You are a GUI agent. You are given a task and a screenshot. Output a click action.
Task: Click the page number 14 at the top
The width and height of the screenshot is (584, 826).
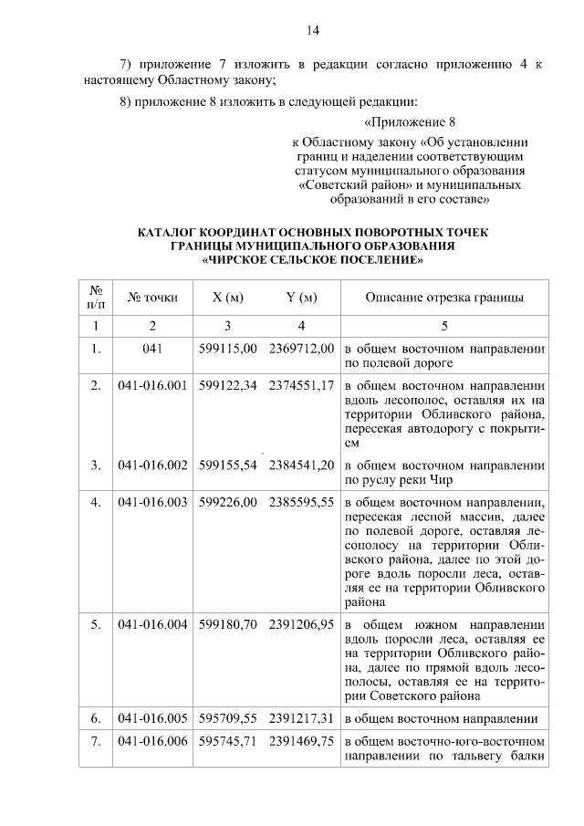pos(312,31)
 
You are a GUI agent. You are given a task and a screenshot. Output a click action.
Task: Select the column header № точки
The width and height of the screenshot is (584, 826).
pos(152,298)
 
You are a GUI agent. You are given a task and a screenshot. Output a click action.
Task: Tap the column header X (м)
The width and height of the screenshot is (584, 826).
pos(227,298)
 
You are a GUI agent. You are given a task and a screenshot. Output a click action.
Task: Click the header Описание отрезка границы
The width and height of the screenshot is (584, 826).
pos(444,298)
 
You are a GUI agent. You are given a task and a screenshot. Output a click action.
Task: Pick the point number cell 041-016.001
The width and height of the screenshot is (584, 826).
pos(152,385)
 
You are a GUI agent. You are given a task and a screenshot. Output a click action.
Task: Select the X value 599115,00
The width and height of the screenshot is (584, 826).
pos(227,349)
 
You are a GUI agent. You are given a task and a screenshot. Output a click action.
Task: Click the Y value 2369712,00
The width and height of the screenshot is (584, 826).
pos(301,349)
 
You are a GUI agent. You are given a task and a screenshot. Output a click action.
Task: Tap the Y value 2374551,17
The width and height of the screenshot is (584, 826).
pos(301,385)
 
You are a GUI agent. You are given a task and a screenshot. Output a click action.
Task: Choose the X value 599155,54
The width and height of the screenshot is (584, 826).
pos(227,465)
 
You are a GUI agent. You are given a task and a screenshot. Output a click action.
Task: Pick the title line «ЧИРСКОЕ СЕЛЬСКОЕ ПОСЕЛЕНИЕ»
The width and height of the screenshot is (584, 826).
pos(312,259)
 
